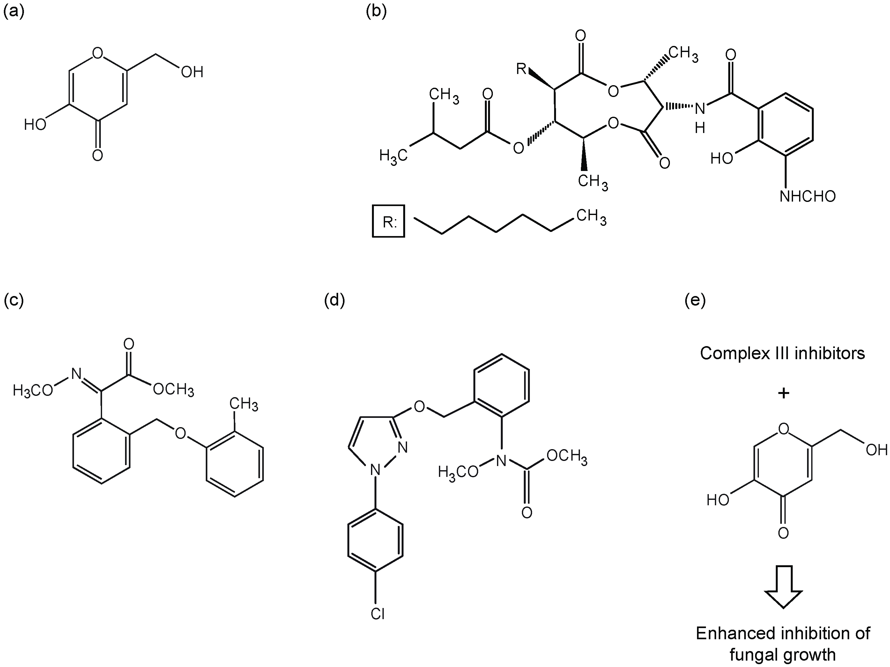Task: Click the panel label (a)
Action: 14,12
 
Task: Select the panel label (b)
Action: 376,12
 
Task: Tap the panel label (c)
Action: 14,300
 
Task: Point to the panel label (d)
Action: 334,300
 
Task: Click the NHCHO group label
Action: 807,196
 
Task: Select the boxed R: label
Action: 388,221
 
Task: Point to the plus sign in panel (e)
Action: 783,393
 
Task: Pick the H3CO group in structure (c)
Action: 33,390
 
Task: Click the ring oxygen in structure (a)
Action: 97,53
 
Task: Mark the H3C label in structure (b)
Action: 394,156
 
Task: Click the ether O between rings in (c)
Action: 181,433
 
